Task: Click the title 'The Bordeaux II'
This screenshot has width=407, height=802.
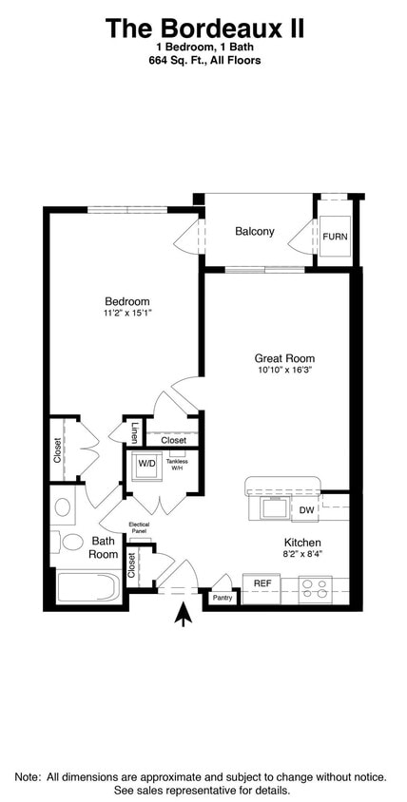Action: click(x=203, y=29)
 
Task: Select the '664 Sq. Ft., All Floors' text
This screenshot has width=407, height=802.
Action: click(x=203, y=60)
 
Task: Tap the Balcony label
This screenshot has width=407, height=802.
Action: click(x=254, y=231)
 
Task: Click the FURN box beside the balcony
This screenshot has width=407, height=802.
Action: click(x=335, y=237)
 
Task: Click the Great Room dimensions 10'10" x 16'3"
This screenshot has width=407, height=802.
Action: click(x=283, y=370)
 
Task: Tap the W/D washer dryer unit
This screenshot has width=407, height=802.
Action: click(x=146, y=465)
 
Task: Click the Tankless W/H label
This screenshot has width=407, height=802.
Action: click(x=177, y=465)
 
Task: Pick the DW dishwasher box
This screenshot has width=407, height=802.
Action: click(x=306, y=510)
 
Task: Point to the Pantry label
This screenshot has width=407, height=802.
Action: click(x=223, y=598)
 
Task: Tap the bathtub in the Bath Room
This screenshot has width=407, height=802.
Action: click(x=87, y=586)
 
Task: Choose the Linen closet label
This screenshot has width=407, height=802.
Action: click(x=135, y=432)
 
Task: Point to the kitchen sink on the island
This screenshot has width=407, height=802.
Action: click(x=274, y=507)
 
